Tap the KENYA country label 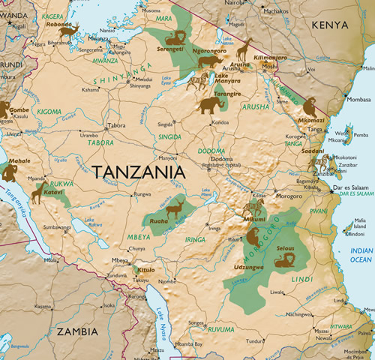coord(330,25)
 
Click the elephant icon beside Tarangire coord(209,105)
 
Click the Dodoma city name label coord(221,159)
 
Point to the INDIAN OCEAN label coord(361,255)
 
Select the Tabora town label coord(116,125)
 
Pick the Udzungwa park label coord(249,267)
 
